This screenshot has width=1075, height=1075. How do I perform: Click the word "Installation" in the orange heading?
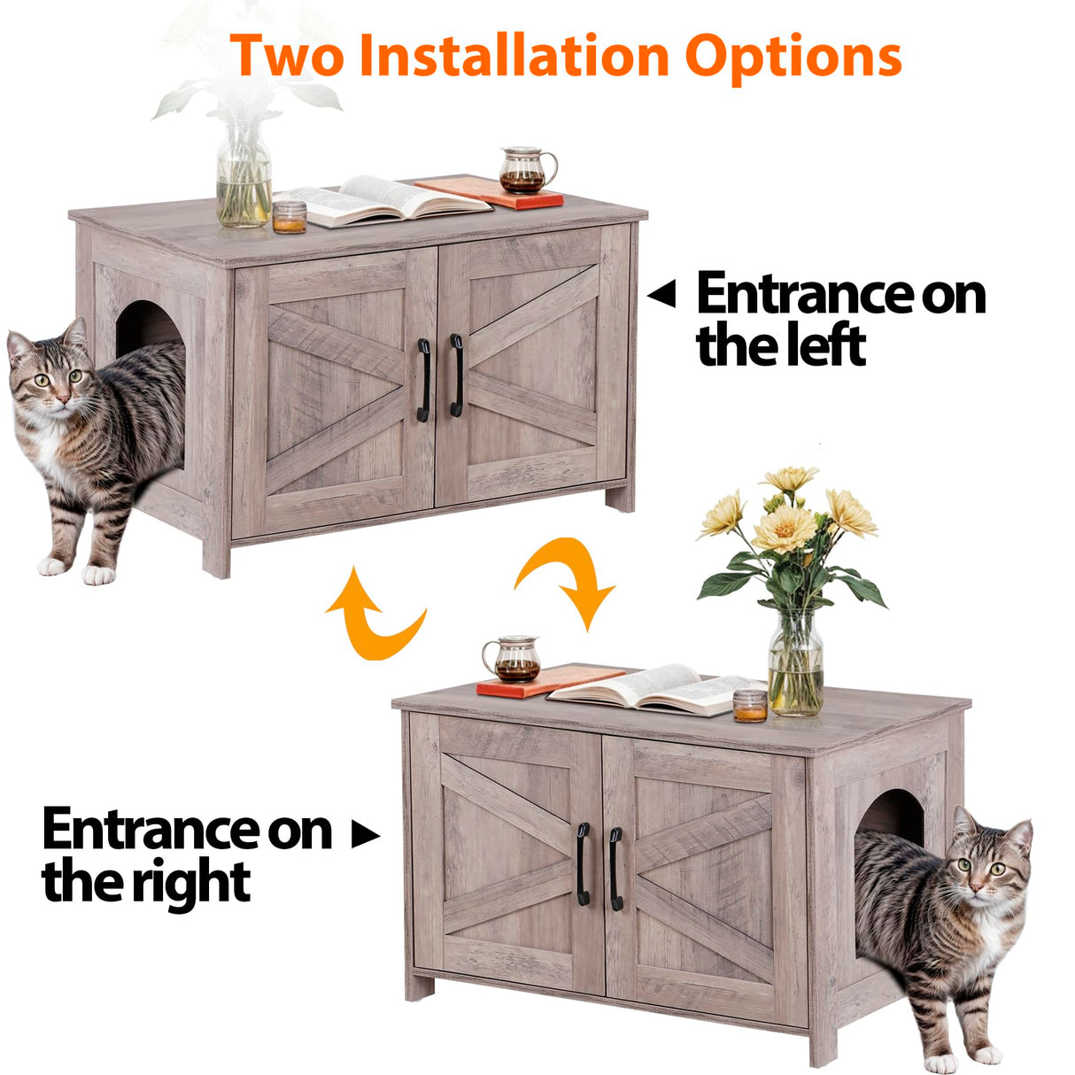(x=514, y=56)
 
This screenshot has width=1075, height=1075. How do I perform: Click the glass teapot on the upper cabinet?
(x=525, y=170)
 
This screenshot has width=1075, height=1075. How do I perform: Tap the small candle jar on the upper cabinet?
(x=290, y=216)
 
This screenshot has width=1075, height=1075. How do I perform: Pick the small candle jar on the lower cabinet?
(x=750, y=705)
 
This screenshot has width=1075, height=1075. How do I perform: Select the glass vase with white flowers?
(x=244, y=177)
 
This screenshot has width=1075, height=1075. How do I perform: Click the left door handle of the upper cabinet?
(x=424, y=379)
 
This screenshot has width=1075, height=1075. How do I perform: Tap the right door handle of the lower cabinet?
(x=615, y=869)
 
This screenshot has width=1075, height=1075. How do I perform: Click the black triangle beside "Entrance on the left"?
(x=661, y=295)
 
